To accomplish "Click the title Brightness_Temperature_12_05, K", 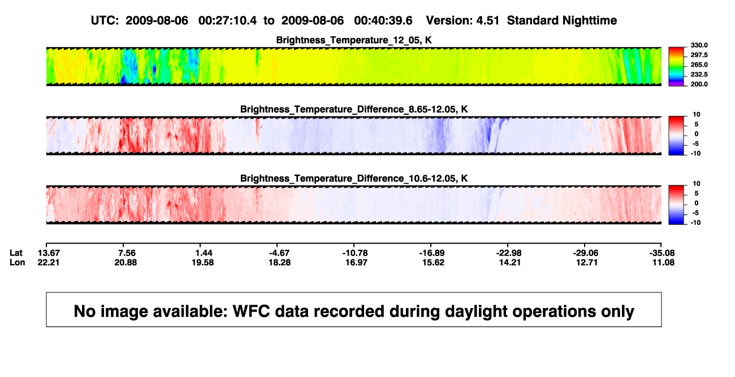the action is point(354,40).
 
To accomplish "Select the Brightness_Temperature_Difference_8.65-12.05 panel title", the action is point(354,109).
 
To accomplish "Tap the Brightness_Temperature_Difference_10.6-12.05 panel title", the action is point(354,179).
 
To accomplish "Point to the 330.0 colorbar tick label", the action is point(699,45).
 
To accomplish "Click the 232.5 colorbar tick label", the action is point(699,75).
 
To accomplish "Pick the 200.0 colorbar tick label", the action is point(699,84).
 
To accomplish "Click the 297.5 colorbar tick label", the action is point(699,55).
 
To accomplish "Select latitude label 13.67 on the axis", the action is point(49,253).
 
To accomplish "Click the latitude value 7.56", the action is point(126,253).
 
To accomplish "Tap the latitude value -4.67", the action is point(279,253).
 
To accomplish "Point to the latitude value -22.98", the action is point(509,253).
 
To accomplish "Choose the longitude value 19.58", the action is point(203,262).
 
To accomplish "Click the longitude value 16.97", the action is point(356,262).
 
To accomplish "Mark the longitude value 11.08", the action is point(663,262).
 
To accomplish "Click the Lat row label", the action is point(16,253).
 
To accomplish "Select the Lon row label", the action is point(17,262).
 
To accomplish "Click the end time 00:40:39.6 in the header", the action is point(383,20).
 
